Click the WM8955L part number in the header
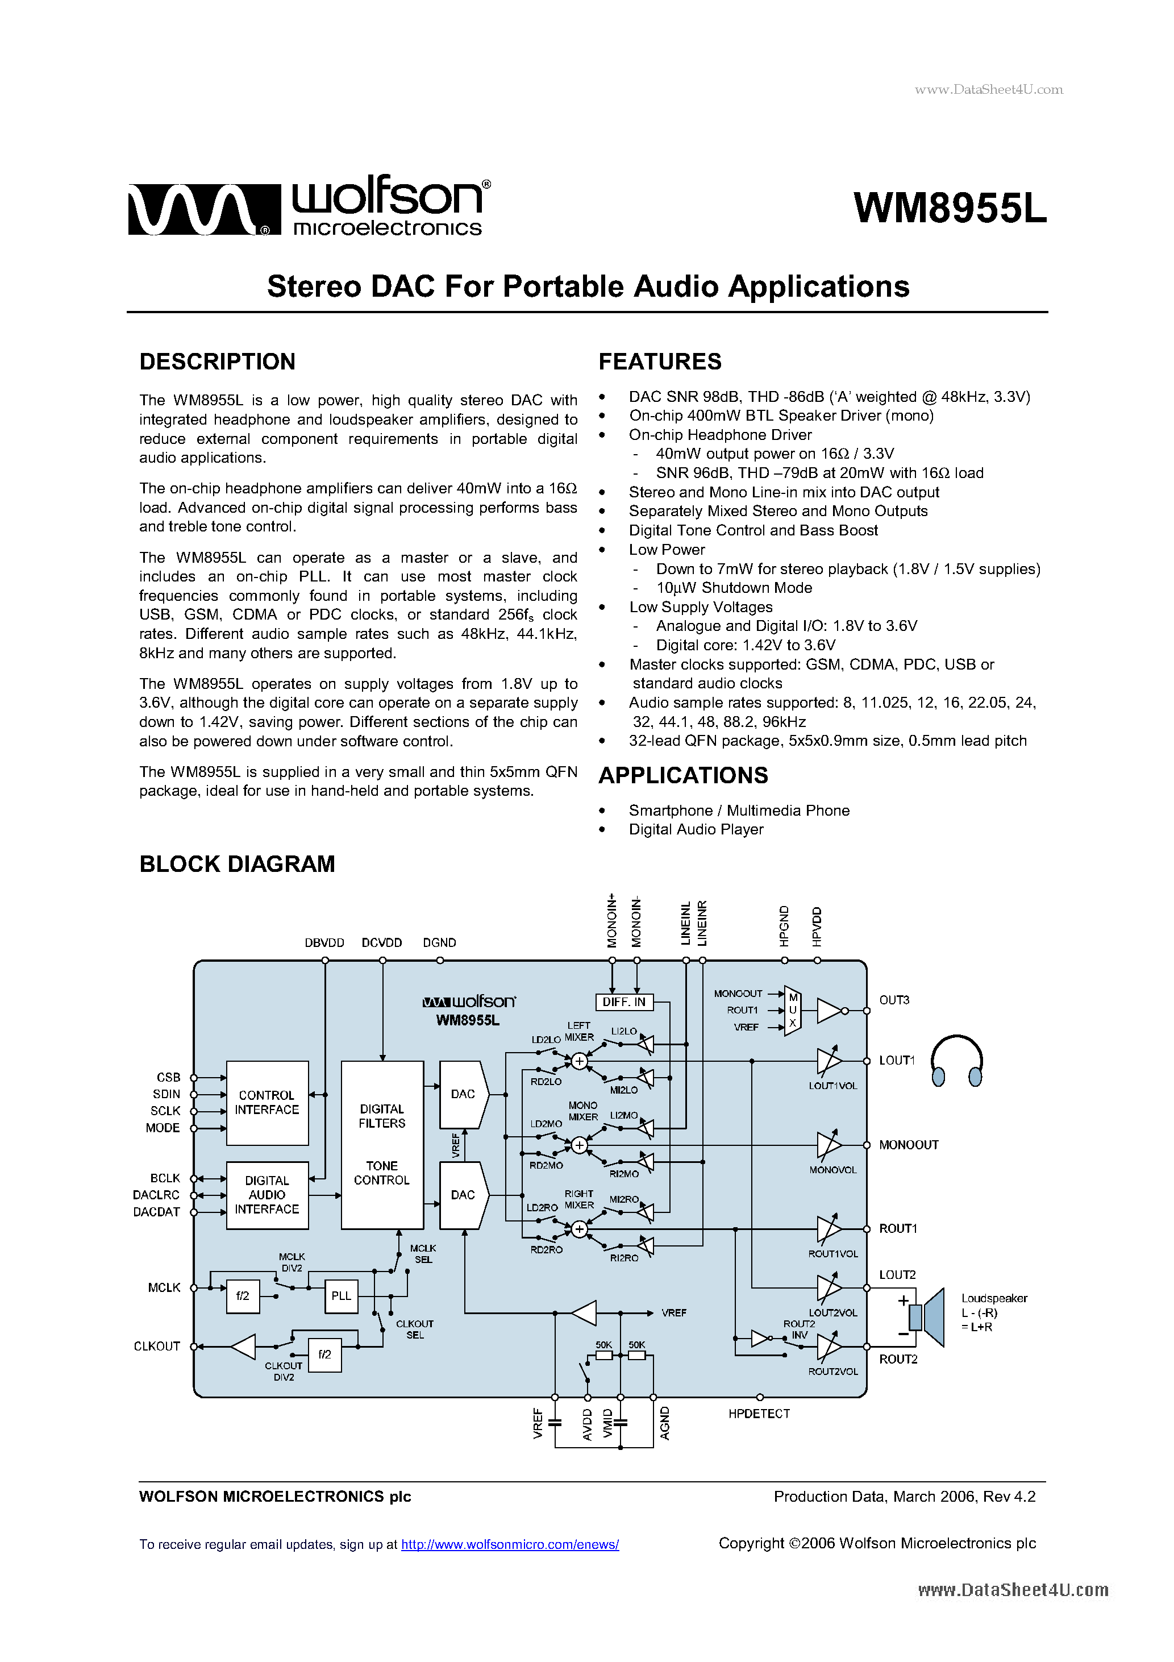coord(949,209)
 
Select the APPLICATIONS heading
coord(682,775)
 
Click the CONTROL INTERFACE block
coord(267,1103)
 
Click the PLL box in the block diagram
coord(341,1296)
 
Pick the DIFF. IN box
coord(623,1002)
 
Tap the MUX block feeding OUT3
coord(793,1011)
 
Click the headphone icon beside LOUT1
coord(956,1061)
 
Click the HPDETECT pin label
coord(759,1414)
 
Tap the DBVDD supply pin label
coord(324,942)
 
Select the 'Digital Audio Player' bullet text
coord(696,829)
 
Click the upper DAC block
coord(463,1095)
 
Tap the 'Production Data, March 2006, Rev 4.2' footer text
coord(904,1496)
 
